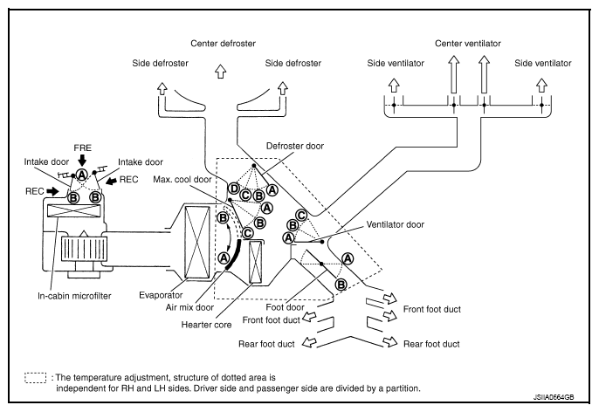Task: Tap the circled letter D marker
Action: click(233, 188)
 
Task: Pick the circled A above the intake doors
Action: click(81, 175)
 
